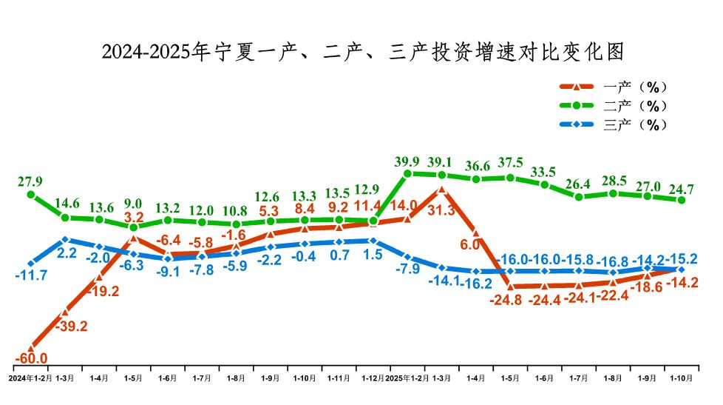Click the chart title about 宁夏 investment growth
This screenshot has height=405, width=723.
(362, 52)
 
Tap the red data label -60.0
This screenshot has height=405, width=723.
(30, 359)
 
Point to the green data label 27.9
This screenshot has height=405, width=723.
(30, 181)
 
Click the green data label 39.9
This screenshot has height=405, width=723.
(407, 161)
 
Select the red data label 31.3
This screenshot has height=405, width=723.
(441, 211)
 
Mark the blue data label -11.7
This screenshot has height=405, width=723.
(31, 276)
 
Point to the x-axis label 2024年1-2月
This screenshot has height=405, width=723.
(30, 378)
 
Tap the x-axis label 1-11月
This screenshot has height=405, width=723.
(339, 378)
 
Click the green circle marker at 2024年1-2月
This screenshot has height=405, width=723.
(31, 195)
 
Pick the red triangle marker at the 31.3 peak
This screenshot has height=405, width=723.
(441, 190)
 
